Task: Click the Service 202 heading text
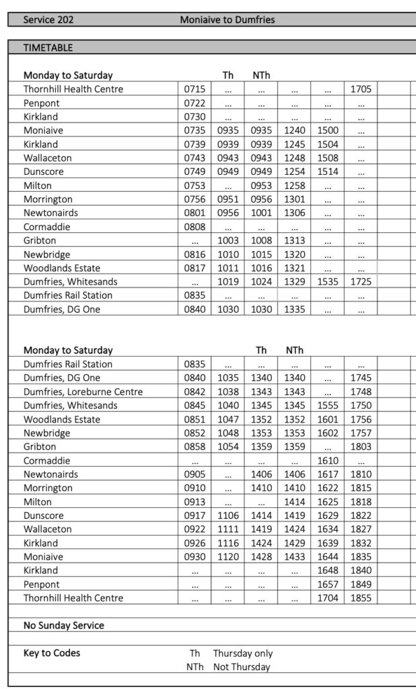click(x=48, y=20)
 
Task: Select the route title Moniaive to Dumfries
click(x=227, y=20)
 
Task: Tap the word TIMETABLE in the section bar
click(x=48, y=48)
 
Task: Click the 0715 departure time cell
click(x=195, y=89)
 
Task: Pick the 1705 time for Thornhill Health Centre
click(x=361, y=89)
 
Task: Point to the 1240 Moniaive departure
click(x=294, y=131)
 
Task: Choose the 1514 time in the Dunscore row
click(x=328, y=172)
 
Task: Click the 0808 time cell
click(x=195, y=227)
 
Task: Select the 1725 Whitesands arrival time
click(x=361, y=282)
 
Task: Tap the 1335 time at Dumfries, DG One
click(x=294, y=310)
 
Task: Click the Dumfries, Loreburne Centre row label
click(x=83, y=392)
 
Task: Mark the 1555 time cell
click(x=328, y=405)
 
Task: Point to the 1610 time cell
click(x=328, y=461)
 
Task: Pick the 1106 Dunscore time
click(x=228, y=515)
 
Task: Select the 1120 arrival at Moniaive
click(x=228, y=557)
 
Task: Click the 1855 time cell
click(x=361, y=598)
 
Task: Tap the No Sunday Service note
click(x=64, y=625)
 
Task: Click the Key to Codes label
click(x=52, y=653)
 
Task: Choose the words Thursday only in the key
click(x=243, y=653)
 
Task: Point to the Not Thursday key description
click(x=242, y=667)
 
